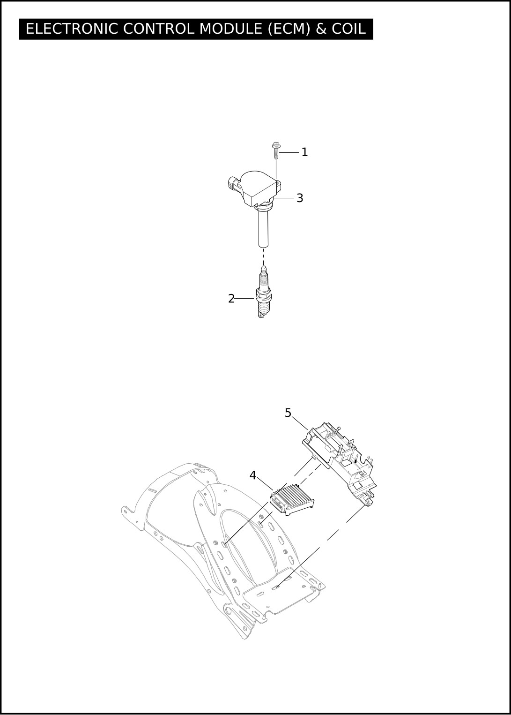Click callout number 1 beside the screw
coord(304,152)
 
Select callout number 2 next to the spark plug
coord(231,299)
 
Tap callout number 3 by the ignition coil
coord(300,198)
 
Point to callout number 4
coord(252,484)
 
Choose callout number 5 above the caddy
coord(288,413)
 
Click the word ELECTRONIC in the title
coord(72,29)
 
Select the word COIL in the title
coord(349,29)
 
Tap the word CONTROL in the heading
coord(158,29)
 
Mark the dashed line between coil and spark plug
coord(263,256)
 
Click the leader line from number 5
coord(300,422)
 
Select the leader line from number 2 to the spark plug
coord(244,299)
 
